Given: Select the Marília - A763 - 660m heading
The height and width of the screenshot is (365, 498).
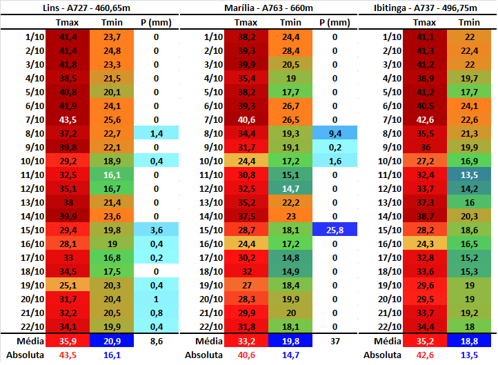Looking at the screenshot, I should tap(269, 8).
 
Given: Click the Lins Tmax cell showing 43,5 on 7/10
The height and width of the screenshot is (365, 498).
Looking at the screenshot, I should tap(68, 119).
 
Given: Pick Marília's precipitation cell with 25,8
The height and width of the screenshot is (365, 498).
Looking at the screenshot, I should tap(335, 230).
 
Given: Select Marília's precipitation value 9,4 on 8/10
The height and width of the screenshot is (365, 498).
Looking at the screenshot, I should tap(335, 133).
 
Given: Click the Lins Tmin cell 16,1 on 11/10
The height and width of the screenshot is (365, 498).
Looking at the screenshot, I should tap(112, 175).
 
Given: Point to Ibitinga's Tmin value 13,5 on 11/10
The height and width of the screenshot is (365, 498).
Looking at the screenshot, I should tap(470, 175).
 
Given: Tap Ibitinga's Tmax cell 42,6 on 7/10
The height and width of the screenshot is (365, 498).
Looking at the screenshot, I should tap(425, 119).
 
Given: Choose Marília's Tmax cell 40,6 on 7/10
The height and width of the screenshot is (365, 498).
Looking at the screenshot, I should tap(246, 119).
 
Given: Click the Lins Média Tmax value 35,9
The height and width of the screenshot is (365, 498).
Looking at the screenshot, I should tap(68, 341).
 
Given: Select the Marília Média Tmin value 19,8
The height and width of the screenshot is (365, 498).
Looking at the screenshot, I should tap(291, 341).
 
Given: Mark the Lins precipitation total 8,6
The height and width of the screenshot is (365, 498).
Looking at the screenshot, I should tap(156, 341).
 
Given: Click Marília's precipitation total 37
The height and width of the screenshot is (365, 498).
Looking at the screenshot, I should tap(335, 341).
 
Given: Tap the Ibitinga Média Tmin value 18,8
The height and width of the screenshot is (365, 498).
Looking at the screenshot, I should tap(470, 341).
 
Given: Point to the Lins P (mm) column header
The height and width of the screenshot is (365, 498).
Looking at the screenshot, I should tap(156, 22).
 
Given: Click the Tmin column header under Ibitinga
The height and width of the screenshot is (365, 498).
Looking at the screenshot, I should tap(470, 22).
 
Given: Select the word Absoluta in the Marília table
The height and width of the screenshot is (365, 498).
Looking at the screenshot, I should tap(203, 355).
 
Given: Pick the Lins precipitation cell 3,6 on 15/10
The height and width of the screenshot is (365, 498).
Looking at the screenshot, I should tap(156, 230).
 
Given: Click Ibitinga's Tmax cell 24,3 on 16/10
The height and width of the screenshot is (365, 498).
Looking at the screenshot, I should tap(425, 244).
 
